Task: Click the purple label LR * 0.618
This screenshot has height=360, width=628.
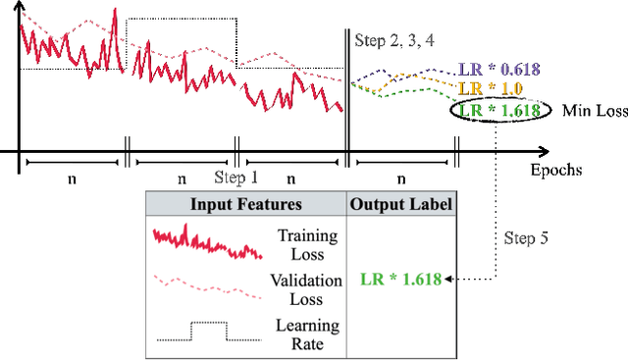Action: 497,71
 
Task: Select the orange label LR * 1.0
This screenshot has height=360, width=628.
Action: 490,89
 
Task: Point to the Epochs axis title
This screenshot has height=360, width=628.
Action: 556,170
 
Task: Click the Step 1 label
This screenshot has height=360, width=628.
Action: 236,178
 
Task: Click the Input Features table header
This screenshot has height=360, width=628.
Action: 245,204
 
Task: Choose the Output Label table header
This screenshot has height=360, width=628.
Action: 400,204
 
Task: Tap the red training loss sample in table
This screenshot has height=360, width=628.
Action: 207,241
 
